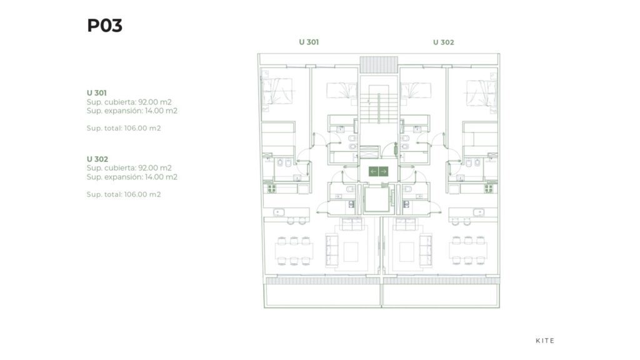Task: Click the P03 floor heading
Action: click(x=104, y=25)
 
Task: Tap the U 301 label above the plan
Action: click(x=309, y=42)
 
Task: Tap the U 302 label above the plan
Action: click(x=443, y=42)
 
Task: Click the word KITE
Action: click(x=545, y=341)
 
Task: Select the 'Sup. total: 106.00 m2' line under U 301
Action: click(x=124, y=128)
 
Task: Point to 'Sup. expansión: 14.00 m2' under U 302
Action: click(x=132, y=177)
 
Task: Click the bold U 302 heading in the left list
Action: click(x=97, y=159)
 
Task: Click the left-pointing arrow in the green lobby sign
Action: click(x=374, y=171)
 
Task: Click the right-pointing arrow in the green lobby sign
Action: click(x=383, y=171)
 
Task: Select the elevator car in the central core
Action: click(x=377, y=200)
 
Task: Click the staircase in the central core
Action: click(x=378, y=104)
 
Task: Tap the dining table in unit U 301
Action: click(x=294, y=251)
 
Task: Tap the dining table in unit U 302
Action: click(x=468, y=251)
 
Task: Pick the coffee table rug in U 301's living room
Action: click(x=351, y=252)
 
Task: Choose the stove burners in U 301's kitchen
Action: click(x=271, y=189)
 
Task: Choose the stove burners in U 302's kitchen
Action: click(x=489, y=189)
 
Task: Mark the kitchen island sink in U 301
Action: click(x=279, y=212)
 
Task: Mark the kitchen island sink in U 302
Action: click(x=479, y=212)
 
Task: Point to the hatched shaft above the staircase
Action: click(x=378, y=65)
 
